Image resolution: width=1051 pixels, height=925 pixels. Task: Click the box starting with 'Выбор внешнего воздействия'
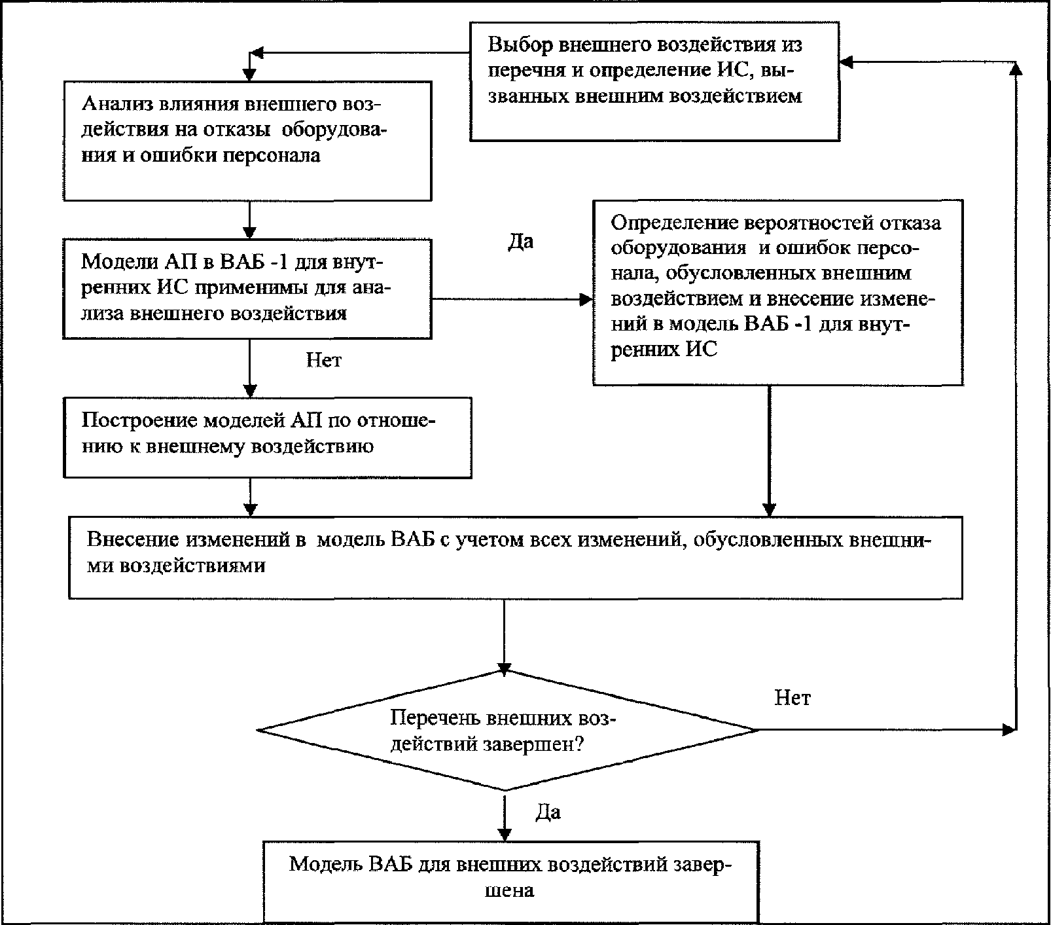tap(654, 81)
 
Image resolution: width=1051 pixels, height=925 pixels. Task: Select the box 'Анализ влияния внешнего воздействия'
tap(247, 141)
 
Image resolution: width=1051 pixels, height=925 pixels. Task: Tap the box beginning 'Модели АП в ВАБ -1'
tap(247, 288)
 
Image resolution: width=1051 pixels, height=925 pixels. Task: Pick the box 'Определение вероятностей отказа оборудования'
tap(777, 292)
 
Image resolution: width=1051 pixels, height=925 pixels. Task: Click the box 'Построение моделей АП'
tap(268, 437)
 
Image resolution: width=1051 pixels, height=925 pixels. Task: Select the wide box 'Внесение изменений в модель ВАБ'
tap(516, 557)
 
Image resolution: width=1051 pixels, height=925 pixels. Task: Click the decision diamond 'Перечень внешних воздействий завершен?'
tap(508, 729)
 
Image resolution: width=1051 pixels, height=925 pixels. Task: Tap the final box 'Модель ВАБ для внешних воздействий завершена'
tap(510, 881)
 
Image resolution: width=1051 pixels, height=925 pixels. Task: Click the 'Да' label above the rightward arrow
tap(521, 242)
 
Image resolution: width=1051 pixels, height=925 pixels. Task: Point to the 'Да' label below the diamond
tap(548, 812)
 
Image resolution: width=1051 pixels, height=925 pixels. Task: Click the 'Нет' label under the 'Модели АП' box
tap(324, 359)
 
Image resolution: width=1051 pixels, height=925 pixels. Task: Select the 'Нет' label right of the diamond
tap(793, 698)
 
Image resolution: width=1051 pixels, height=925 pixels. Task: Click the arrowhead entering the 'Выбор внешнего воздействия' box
tap(847, 62)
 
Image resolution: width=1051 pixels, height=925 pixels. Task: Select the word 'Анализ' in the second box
tap(115, 104)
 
